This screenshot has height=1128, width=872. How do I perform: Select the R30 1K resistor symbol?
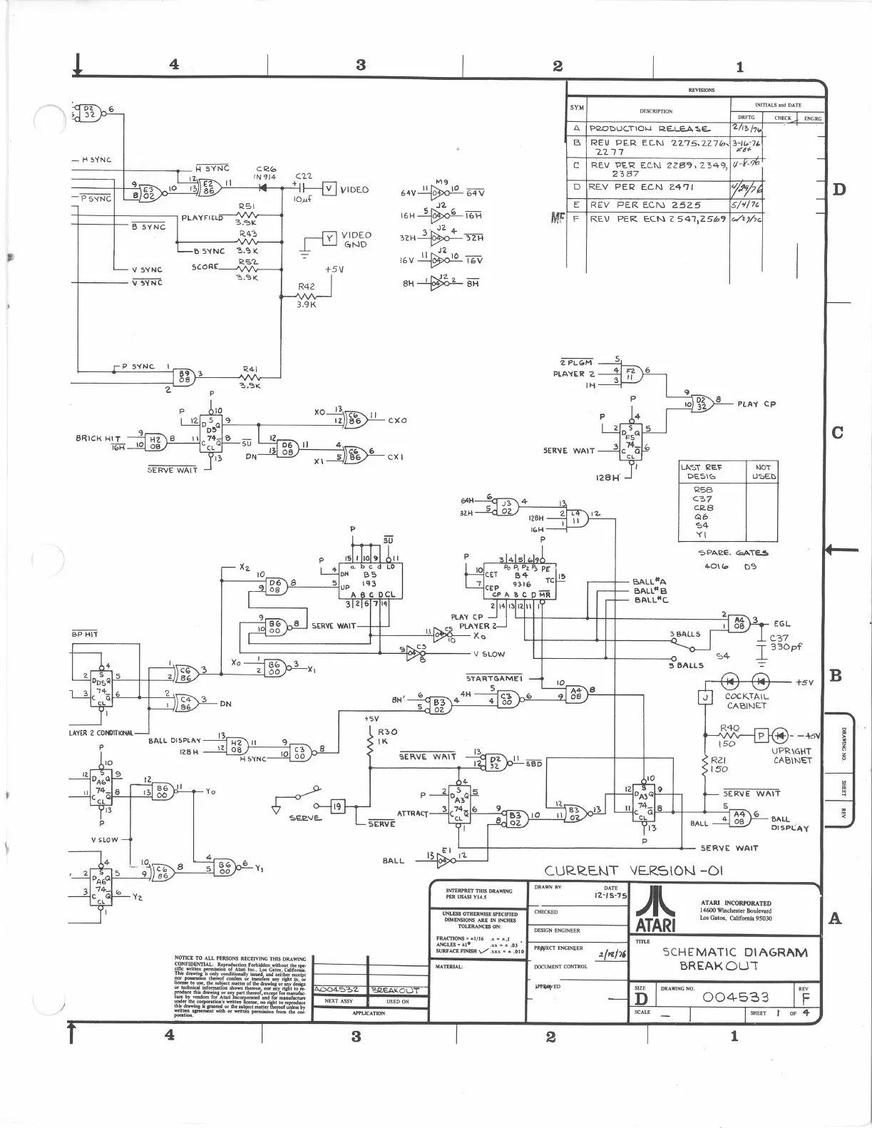[x=370, y=745]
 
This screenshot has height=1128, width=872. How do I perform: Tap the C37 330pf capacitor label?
[x=786, y=643]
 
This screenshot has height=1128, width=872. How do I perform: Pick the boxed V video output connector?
[x=329, y=189]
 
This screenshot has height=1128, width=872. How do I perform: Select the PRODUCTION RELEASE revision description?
[x=649, y=129]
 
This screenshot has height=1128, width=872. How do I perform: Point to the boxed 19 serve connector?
[x=337, y=806]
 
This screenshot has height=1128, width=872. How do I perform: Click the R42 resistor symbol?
[x=307, y=295]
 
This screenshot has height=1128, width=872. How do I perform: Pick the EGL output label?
[x=781, y=623]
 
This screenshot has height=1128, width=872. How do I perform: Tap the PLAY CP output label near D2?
[x=756, y=404]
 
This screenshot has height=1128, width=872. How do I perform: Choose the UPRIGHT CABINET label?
[x=791, y=755]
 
